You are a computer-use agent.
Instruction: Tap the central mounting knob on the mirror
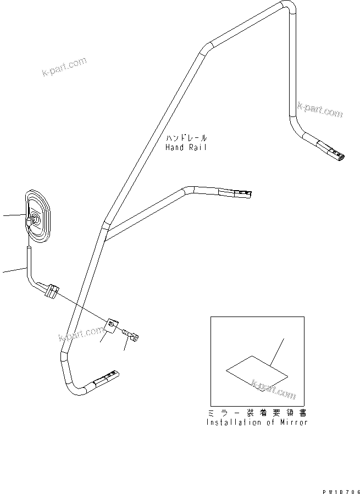(x=32, y=219)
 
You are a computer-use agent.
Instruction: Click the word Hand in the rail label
(x=175, y=147)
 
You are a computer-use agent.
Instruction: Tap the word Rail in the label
(x=197, y=147)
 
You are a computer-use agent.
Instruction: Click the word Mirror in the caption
(x=295, y=422)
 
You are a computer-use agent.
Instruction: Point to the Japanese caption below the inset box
(x=257, y=413)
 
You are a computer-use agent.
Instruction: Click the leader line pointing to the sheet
(x=278, y=352)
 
